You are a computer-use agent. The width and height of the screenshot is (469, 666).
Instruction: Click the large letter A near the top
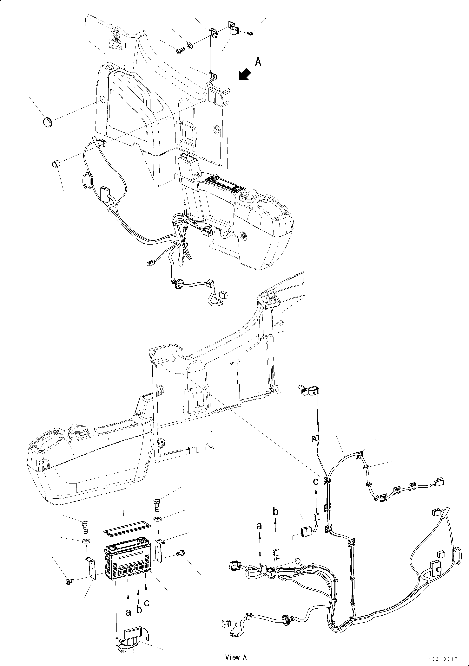(258, 62)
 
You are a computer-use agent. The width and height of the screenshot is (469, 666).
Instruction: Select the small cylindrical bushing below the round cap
(56, 164)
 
